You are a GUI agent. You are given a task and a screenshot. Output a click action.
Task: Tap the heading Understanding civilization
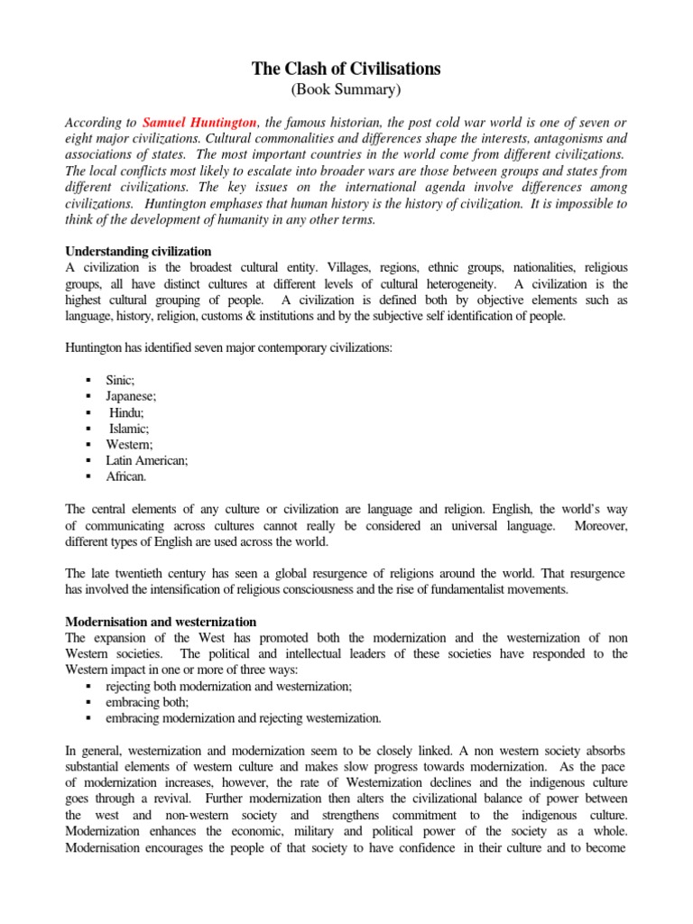click(x=139, y=251)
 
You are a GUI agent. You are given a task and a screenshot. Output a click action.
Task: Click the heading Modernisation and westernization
click(x=162, y=622)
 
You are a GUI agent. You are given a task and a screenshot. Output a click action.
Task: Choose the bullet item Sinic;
click(x=120, y=382)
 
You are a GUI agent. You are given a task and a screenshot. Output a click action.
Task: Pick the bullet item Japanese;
click(x=131, y=397)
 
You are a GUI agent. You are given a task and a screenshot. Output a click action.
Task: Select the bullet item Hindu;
click(x=127, y=412)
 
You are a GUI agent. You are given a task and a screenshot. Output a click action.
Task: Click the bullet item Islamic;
click(x=130, y=429)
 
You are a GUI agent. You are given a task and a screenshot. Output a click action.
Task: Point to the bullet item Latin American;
click(x=147, y=459)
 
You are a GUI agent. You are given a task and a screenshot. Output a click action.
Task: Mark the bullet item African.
click(x=126, y=476)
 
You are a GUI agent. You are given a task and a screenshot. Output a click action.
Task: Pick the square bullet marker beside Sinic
click(x=88, y=383)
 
